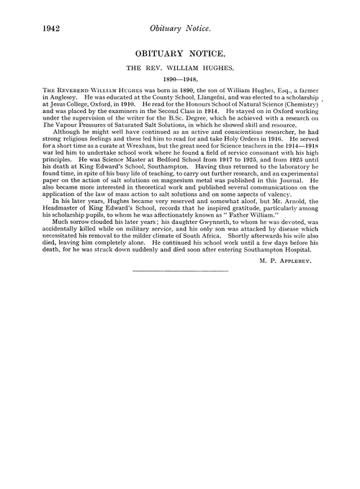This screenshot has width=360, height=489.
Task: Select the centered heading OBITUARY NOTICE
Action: point(180,54)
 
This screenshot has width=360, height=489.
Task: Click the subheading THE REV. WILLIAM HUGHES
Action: point(180,71)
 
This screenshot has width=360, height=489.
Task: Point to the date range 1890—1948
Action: point(180,84)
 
